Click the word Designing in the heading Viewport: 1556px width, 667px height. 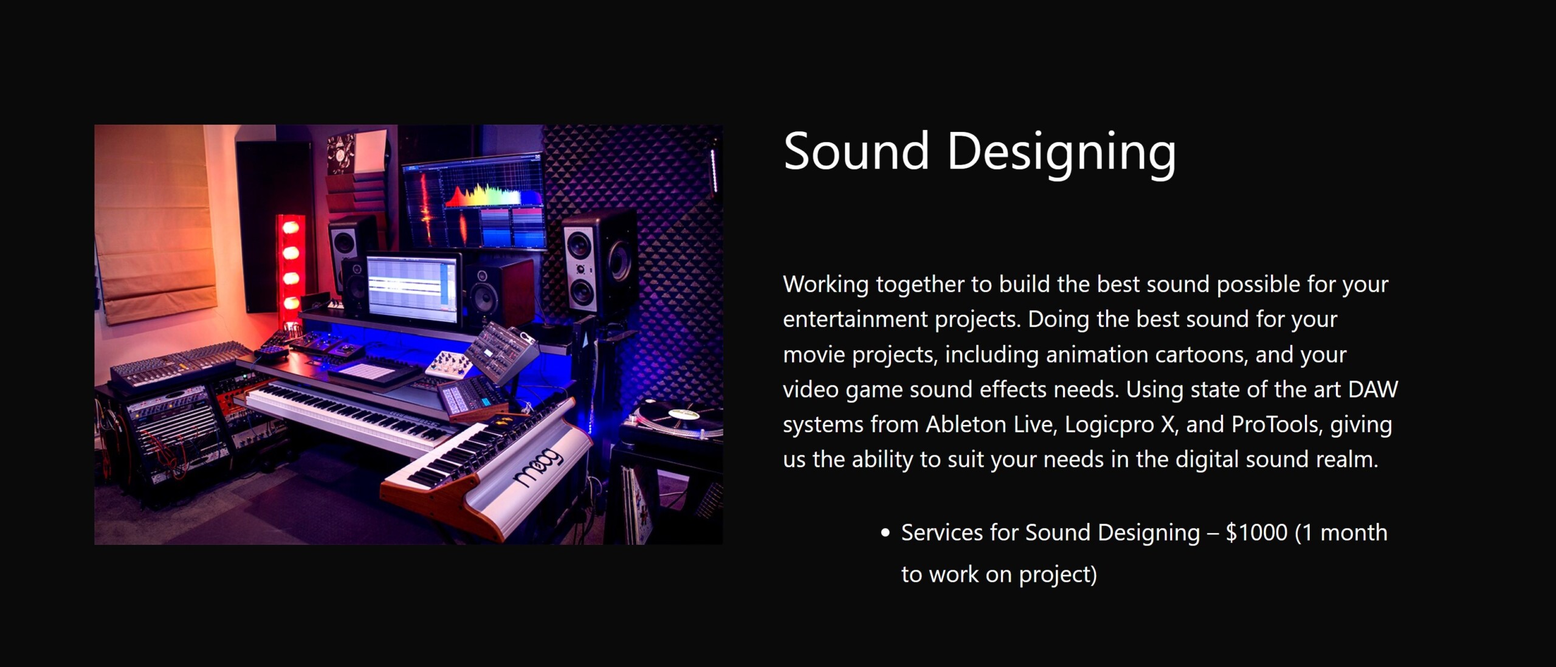1061,154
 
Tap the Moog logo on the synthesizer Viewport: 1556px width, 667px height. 537,466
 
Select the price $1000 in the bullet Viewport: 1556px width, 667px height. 1256,533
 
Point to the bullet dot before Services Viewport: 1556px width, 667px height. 885,533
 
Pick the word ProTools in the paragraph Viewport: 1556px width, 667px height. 1276,424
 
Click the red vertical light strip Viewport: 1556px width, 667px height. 291,268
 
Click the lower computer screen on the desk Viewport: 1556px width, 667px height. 413,288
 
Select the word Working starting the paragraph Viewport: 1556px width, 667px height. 826,285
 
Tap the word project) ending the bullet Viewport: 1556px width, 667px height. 1058,575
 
